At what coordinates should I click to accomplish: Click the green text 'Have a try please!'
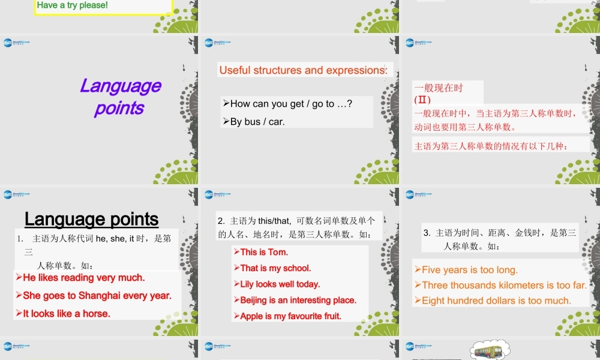click(x=73, y=5)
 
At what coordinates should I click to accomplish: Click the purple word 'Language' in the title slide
click(x=121, y=86)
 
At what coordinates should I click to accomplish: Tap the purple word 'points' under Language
click(x=119, y=108)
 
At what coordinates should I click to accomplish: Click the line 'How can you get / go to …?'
click(x=291, y=104)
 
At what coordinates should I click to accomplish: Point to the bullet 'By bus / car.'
click(x=257, y=121)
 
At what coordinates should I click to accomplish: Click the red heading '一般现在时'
click(x=439, y=88)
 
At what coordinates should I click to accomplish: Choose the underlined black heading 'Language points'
click(x=91, y=219)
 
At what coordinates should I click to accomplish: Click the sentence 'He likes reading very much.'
click(x=84, y=278)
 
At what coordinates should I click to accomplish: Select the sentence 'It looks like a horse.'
click(x=67, y=313)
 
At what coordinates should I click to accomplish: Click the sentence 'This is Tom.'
click(x=264, y=252)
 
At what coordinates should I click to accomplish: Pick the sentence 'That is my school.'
click(x=275, y=268)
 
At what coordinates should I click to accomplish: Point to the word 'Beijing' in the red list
click(x=256, y=300)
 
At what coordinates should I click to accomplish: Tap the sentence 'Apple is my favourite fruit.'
click(x=291, y=316)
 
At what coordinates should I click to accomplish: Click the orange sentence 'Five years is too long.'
click(x=470, y=270)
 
